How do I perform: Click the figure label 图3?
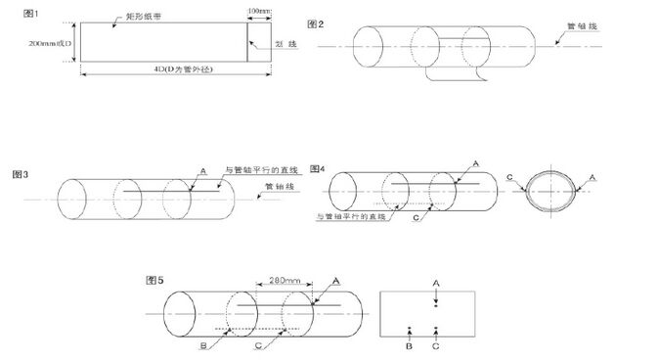pyautogui.click(x=21, y=174)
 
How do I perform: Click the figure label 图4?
pyautogui.click(x=317, y=168)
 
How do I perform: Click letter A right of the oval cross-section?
pyautogui.click(x=592, y=177)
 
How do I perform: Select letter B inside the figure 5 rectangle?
pyautogui.click(x=409, y=344)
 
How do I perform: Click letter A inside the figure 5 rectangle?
pyautogui.click(x=436, y=282)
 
